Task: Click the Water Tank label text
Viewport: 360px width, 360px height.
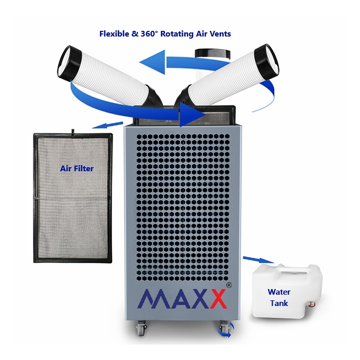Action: tap(279, 298)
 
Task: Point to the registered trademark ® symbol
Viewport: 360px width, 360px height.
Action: tap(229, 285)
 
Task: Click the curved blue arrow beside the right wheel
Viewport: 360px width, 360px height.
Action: tap(228, 332)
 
